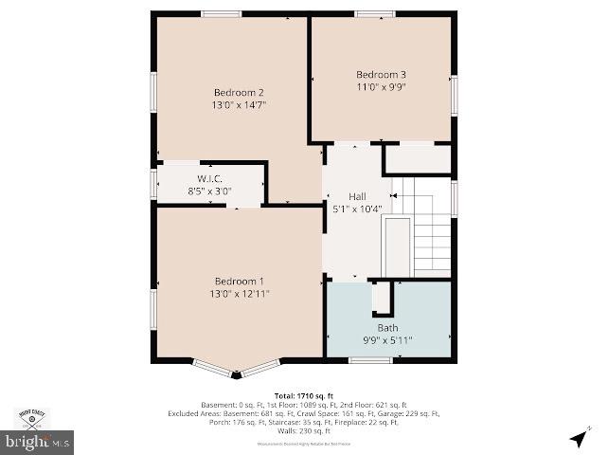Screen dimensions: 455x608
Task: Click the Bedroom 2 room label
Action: click(x=239, y=92)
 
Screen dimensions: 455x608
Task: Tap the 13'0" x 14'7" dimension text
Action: click(x=239, y=105)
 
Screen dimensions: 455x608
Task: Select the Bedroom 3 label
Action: click(x=381, y=75)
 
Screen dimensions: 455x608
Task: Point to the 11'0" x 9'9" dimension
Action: click(x=381, y=87)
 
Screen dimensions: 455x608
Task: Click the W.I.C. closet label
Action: click(x=209, y=178)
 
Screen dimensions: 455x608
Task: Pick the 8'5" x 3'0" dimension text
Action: click(x=209, y=191)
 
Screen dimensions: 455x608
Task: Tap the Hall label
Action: click(x=357, y=196)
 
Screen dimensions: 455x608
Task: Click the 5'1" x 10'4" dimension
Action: click(x=357, y=209)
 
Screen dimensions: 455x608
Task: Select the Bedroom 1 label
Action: click(x=239, y=282)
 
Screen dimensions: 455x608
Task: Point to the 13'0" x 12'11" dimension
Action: click(x=239, y=294)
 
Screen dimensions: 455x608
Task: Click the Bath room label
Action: click(x=387, y=328)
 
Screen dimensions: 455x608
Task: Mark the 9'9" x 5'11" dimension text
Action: click(x=387, y=340)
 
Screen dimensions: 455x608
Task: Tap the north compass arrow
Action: click(x=578, y=437)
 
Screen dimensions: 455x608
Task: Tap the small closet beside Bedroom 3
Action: click(x=418, y=158)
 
